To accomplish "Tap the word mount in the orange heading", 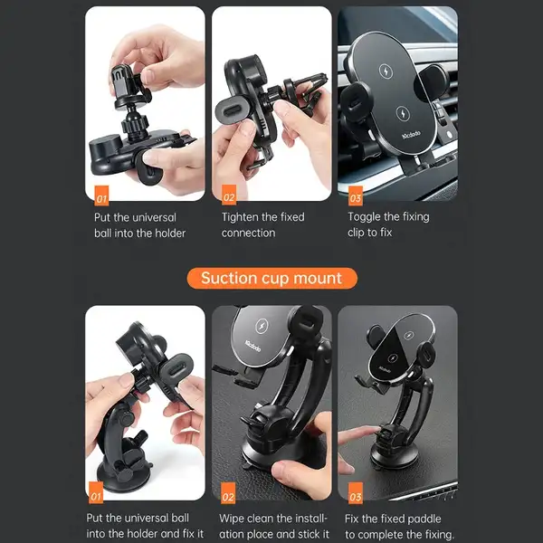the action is coord(318,279).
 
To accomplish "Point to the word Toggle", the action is coord(364,217).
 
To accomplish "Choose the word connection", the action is coord(248,233).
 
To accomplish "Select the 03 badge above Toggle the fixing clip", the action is coord(356,196).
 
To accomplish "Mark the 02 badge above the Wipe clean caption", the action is coord(228,493).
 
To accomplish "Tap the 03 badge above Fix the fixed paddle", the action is coord(356,493).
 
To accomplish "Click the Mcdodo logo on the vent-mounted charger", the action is coord(411,135).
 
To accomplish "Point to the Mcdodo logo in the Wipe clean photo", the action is coord(252,347).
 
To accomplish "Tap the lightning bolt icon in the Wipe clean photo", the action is coord(262,326).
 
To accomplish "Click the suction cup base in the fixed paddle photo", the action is coord(394,455).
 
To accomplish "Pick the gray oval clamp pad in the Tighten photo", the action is coord(232,110).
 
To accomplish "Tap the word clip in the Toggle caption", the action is coord(356,233).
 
